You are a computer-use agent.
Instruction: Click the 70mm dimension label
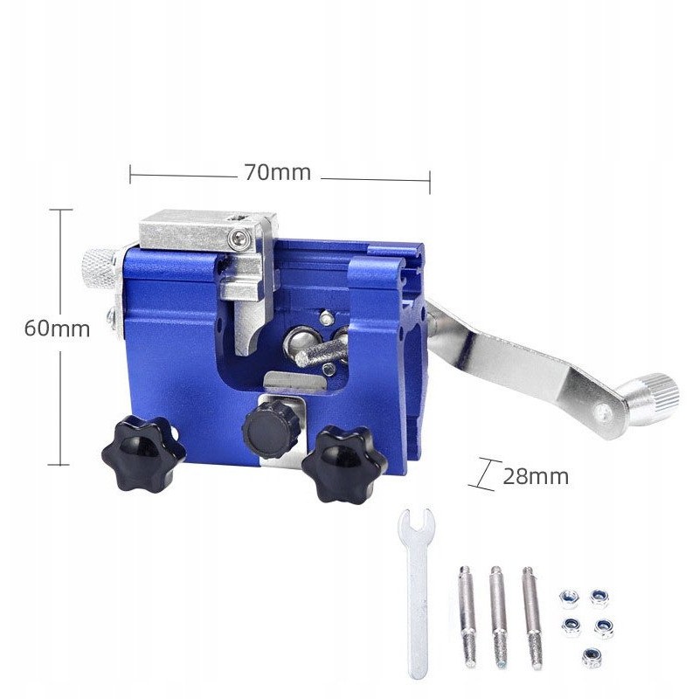coord(277,172)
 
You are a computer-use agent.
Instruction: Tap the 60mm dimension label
coord(57,329)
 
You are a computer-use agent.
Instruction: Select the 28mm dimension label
coord(536,476)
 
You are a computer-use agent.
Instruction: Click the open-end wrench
coord(417,592)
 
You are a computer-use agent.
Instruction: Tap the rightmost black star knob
coord(344,464)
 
